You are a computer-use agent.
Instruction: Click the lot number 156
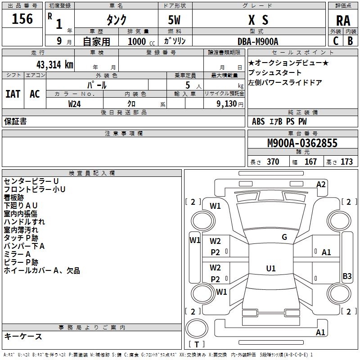coord(22,19)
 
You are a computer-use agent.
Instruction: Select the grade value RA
coord(343,20)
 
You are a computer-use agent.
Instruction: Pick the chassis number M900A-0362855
coord(302,143)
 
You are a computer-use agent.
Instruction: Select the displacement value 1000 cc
coord(138,41)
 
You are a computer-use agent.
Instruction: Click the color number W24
coord(75,104)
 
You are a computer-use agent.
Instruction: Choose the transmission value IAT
coord(13,94)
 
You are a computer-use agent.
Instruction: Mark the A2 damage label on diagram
coord(321,184)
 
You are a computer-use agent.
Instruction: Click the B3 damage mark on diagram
coord(347,276)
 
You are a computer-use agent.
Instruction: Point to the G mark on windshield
coord(284,237)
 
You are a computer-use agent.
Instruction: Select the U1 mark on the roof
coord(270,268)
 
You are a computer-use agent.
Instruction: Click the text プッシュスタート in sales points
coord(275,73)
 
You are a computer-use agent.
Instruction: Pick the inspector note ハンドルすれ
coord(24,222)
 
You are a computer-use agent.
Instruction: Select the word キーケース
coord(23,337)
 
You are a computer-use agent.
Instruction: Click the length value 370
coord(273,162)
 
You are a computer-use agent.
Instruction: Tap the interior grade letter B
coord(350,40)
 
